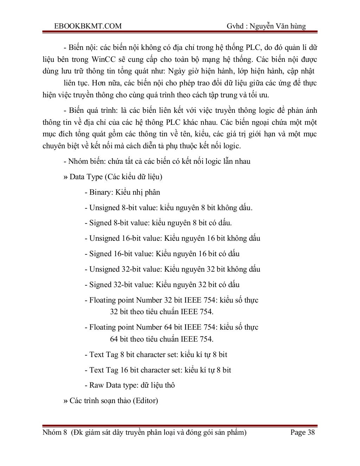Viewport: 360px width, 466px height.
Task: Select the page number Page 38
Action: (x=302, y=432)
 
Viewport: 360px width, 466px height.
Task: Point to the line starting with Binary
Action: (x=122, y=192)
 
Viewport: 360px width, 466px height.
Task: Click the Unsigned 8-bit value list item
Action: (x=168, y=208)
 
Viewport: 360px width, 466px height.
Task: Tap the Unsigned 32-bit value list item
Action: (x=172, y=269)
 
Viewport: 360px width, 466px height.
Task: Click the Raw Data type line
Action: (x=130, y=385)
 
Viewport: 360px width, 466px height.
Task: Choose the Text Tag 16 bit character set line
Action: (x=158, y=370)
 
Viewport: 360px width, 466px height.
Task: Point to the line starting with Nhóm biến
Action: (x=157, y=161)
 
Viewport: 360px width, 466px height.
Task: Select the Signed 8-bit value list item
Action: (x=158, y=223)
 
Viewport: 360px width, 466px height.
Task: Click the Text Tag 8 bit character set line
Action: (x=156, y=355)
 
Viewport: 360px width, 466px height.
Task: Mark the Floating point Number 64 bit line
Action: (x=172, y=328)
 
